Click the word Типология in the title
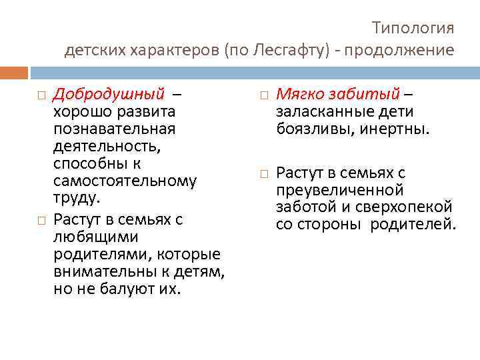(x=413, y=28)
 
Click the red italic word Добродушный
(x=108, y=93)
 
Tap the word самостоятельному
(x=125, y=181)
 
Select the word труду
(x=76, y=198)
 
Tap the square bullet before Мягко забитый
(x=263, y=94)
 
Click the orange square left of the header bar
(x=14, y=72)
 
